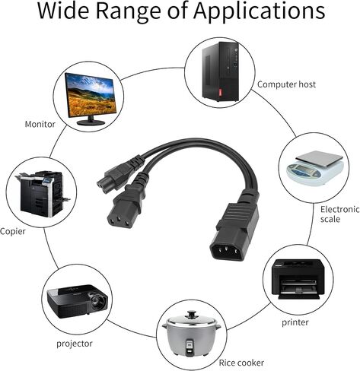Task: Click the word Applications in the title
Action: point(259,12)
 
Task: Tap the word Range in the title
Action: point(129,12)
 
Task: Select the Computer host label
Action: point(286,84)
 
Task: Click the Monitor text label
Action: point(40,124)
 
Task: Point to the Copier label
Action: point(13,231)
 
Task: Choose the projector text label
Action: point(75,344)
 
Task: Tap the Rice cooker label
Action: point(241,363)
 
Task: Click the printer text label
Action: point(295,322)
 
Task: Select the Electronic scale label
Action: point(339,214)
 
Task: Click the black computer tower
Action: point(221,71)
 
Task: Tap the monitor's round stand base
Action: point(91,122)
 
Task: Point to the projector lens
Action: point(97,302)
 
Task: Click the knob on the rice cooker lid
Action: point(191,316)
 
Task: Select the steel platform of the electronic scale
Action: point(319,159)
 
